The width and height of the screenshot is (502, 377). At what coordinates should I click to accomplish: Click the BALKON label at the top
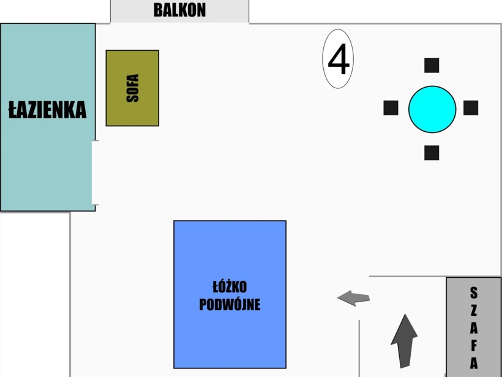tap(179, 10)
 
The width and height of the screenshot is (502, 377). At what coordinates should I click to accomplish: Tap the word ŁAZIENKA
tap(47, 110)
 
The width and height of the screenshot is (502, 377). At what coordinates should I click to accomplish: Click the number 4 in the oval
tap(339, 59)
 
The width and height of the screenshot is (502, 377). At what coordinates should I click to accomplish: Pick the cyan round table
tap(432, 109)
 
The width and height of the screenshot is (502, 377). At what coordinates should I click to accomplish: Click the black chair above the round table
tap(432, 65)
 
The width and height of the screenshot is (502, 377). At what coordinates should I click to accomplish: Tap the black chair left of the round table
tap(391, 108)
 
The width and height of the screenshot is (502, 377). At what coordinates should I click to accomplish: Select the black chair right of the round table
tap(470, 108)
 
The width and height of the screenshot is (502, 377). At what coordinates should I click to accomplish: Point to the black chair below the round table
tap(432, 153)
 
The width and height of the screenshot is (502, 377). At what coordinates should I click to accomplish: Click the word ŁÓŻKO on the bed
tap(230, 287)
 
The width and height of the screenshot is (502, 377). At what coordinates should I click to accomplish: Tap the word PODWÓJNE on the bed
tap(230, 304)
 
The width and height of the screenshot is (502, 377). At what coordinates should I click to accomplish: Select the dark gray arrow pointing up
tap(404, 340)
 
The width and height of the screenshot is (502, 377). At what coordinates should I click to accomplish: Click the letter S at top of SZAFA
tap(474, 292)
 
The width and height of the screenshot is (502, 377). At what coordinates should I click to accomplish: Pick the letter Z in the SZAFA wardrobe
tap(474, 310)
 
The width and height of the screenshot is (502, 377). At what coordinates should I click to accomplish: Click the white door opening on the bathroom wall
tap(95, 173)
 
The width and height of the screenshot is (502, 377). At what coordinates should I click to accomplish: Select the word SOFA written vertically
tap(132, 88)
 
